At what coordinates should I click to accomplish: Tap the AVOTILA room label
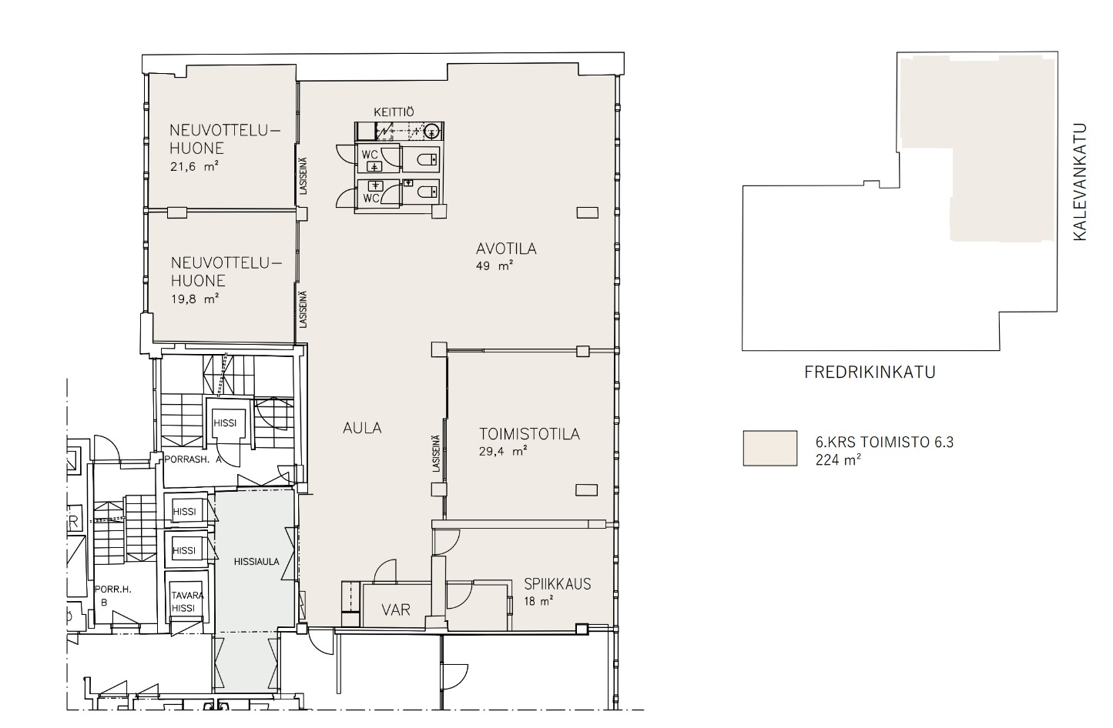(x=505, y=249)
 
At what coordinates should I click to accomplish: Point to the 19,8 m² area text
(x=194, y=299)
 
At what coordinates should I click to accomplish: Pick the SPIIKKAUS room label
(x=557, y=583)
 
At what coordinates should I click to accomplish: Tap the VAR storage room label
(x=396, y=609)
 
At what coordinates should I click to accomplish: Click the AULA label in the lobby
(x=362, y=428)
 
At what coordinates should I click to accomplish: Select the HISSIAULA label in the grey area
(x=256, y=562)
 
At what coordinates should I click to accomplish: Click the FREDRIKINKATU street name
(x=870, y=373)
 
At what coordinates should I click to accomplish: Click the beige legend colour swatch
(x=769, y=448)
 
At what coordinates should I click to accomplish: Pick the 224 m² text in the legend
(x=838, y=460)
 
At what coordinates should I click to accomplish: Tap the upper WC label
(x=369, y=155)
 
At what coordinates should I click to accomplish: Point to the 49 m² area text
(x=495, y=265)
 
